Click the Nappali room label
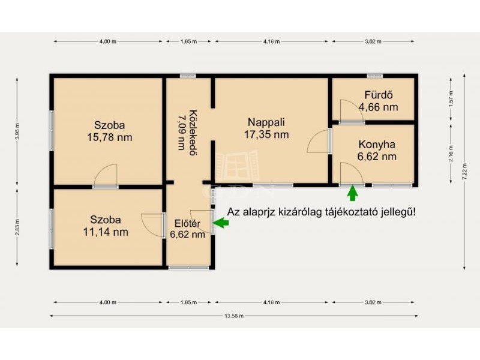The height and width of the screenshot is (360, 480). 266,122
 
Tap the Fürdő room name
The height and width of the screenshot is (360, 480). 379,95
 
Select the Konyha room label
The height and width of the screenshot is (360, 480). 377,145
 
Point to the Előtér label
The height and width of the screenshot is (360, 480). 187,223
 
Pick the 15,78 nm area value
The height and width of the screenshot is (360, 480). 110,137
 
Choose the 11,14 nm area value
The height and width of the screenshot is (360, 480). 106,232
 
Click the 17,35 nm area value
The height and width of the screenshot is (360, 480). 266,134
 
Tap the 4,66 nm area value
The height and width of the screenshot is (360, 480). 379,107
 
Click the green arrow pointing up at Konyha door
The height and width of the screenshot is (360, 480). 353,193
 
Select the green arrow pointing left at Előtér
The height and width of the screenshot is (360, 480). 221,223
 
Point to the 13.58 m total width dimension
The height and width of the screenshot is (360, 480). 234,316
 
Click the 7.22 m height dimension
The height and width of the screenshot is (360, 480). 464,172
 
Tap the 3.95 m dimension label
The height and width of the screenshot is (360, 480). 17,131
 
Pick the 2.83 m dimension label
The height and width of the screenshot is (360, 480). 17,227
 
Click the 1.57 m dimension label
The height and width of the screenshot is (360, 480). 451,99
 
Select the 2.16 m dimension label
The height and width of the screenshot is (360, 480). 451,154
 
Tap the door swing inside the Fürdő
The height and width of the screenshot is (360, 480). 352,110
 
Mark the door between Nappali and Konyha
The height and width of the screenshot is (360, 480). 319,141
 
